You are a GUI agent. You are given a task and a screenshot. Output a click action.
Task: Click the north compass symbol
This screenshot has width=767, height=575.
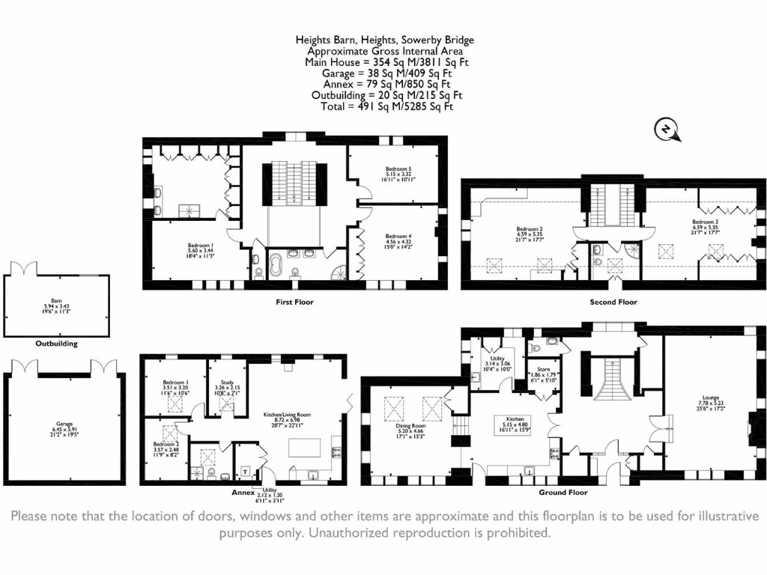pyautogui.click(x=667, y=130)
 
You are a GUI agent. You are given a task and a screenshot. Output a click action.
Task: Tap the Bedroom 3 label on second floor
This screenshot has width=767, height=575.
pyautogui.click(x=705, y=222)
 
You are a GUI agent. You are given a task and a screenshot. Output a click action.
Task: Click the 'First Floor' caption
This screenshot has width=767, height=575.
pyautogui.click(x=295, y=302)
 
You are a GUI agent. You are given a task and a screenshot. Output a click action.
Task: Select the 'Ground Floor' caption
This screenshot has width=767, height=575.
pyautogui.click(x=563, y=493)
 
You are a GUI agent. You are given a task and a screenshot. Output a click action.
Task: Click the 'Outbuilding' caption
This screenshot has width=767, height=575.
pyautogui.click(x=56, y=344)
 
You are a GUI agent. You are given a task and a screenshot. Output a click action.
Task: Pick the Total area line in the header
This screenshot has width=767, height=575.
pyautogui.click(x=384, y=106)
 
